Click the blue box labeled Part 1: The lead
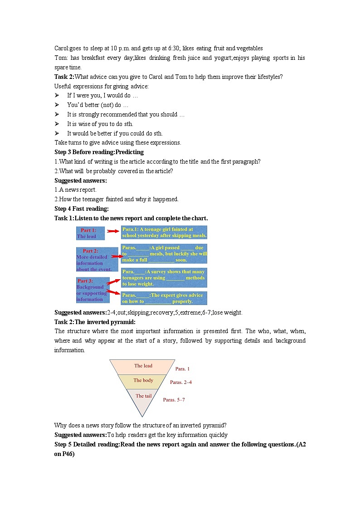[x=90, y=233]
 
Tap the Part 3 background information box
[x=92, y=290]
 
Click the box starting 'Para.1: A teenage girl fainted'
[x=164, y=233]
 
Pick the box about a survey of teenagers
[x=164, y=278]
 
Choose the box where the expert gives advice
[x=164, y=298]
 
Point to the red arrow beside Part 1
[x=113, y=231]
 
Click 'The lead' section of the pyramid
[x=143, y=366]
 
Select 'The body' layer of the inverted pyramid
[x=143, y=381]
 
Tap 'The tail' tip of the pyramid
[x=143, y=397]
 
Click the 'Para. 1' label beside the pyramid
[x=182, y=369]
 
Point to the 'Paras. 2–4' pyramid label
[x=181, y=383]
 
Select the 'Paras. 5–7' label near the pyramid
[x=174, y=400]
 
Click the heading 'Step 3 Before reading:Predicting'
[x=99, y=152]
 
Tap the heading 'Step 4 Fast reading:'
[x=82, y=209]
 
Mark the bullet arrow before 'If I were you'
[x=57, y=96]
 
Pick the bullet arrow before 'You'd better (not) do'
[x=57, y=105]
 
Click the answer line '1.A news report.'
[x=75, y=190]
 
